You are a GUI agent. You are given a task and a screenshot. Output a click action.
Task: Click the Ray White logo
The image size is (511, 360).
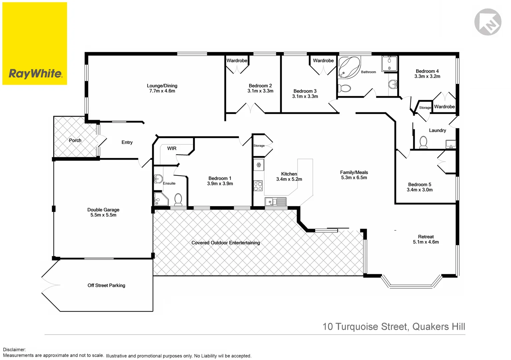coord(35,44)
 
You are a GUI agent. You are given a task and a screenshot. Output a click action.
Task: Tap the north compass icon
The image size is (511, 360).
coord(488,22)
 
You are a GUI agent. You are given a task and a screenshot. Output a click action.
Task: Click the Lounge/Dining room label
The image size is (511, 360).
coord(162,86)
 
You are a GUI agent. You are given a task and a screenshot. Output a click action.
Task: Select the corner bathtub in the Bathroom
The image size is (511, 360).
coord(349,67)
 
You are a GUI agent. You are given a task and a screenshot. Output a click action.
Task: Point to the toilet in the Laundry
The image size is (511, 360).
coord(423,142)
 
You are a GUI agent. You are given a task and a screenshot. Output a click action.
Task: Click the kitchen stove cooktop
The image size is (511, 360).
coord(258,186)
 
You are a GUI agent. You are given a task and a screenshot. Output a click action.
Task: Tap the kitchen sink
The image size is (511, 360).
coord(271,202)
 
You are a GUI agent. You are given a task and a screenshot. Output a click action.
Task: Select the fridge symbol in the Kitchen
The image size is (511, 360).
coord(259,165)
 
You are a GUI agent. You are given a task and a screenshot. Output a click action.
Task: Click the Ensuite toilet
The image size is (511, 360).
coord(178,200)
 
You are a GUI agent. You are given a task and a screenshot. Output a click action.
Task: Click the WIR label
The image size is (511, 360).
coord(172,148)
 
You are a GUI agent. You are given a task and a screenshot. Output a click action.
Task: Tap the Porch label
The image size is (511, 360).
coord(75,140)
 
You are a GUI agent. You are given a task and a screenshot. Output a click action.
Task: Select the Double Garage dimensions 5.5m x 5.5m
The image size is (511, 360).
coord(103,215)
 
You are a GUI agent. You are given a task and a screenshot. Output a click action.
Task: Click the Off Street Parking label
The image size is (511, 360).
coord(106,285)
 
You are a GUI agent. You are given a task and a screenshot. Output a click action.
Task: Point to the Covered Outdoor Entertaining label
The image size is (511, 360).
coord(225,243)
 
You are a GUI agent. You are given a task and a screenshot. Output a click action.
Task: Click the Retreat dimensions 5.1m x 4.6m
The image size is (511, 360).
coord(426,242)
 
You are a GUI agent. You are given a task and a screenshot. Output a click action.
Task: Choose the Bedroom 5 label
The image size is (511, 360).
coord(420,184)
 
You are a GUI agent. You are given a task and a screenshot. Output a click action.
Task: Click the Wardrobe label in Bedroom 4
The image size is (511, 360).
coord(444,107)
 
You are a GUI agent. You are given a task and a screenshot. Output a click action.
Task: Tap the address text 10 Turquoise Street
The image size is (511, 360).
coord(365,327)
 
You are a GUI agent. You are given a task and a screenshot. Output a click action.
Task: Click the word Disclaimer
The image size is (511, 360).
coord(14,350)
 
